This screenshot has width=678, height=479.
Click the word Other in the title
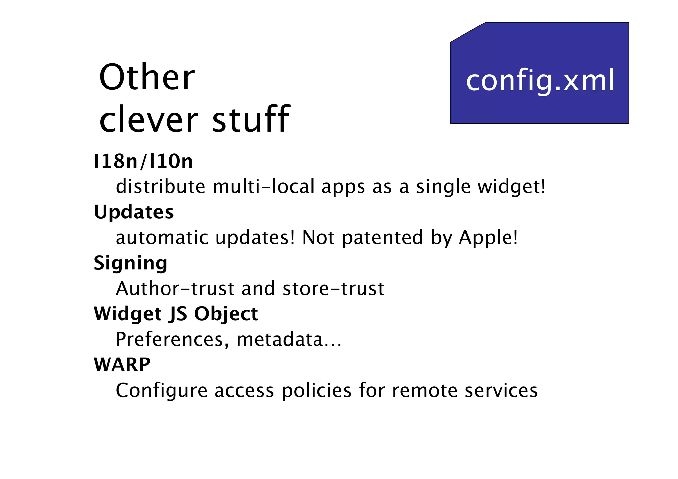point(147,77)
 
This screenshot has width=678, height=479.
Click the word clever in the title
point(149,119)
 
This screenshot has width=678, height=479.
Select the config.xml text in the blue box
point(540,80)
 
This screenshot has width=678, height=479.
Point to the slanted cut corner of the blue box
point(468,32)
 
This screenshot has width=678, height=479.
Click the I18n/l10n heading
point(143,161)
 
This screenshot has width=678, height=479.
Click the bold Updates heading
point(134,212)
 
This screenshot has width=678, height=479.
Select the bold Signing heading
point(130,263)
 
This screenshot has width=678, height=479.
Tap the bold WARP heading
point(122,365)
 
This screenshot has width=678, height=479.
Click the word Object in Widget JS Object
point(226,314)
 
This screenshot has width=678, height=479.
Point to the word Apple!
point(488,238)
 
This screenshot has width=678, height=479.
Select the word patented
point(382,238)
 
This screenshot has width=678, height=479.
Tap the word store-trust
point(333,288)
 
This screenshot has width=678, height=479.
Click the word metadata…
point(289,340)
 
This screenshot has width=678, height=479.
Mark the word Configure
point(161,390)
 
